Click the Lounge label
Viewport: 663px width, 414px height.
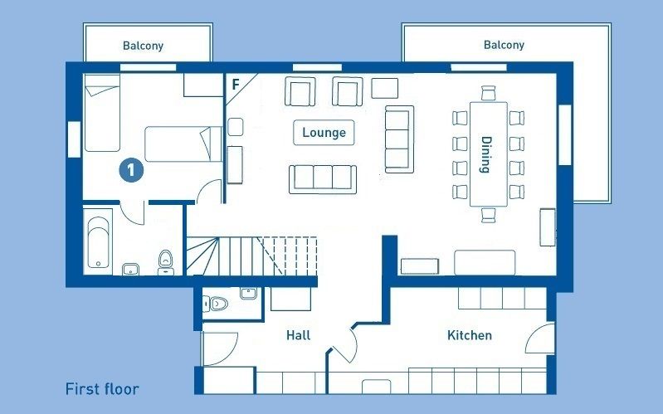coord(324,133)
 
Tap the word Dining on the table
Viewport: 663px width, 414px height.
coord(486,154)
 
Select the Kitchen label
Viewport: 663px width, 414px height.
coord(470,335)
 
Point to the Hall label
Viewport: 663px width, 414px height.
coord(298,335)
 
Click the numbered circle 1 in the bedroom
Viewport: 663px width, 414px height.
coord(131,170)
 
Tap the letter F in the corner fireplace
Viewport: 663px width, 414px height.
coord(236,85)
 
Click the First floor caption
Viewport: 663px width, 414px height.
coord(102,389)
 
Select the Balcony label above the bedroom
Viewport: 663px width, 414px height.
coord(143,46)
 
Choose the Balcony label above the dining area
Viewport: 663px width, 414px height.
coord(504,45)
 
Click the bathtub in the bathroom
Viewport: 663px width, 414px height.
coord(98,242)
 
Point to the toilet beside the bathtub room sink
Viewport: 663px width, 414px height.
coord(166,262)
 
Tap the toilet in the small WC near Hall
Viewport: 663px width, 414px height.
coord(216,303)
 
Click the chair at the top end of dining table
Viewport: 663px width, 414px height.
coord(489,93)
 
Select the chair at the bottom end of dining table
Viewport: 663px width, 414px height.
coord(489,214)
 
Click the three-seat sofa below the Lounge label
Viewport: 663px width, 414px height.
coord(323,179)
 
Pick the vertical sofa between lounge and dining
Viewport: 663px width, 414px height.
coord(399,139)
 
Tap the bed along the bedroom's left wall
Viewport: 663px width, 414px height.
coord(102,113)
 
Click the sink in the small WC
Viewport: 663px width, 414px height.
coord(248,293)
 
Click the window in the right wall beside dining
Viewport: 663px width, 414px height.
coord(565,134)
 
